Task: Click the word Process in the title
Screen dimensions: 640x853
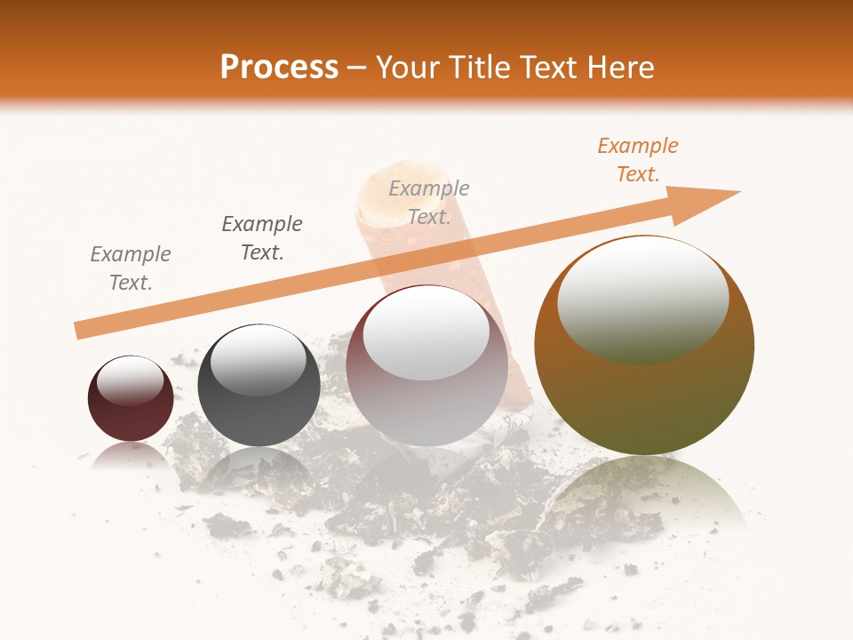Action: (279, 68)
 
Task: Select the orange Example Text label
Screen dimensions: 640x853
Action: (637, 160)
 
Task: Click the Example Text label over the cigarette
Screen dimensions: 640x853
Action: (429, 203)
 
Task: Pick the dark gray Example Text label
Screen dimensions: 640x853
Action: (262, 237)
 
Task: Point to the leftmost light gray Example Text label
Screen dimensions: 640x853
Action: (131, 268)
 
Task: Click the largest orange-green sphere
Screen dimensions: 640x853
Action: (644, 391)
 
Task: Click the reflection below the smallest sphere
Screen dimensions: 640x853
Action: (131, 455)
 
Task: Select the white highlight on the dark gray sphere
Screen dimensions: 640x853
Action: (258, 360)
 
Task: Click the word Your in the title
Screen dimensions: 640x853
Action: (409, 68)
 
